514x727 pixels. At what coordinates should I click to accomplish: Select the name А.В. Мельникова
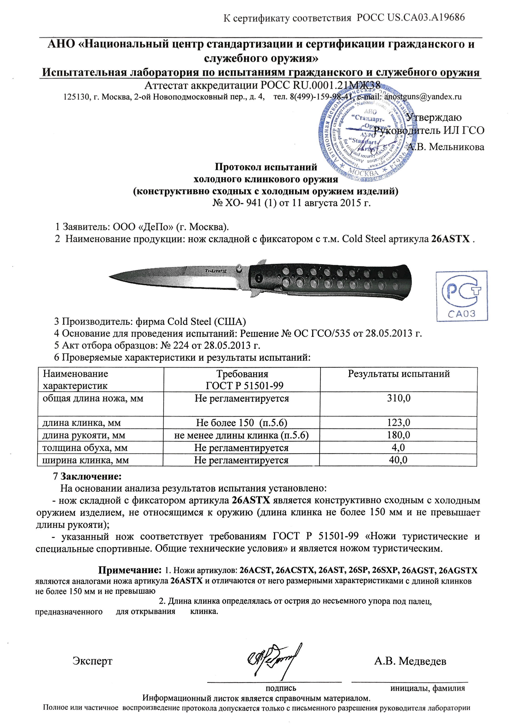point(445,147)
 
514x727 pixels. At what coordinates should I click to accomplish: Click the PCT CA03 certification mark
point(462,296)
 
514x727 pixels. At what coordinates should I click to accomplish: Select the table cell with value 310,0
point(398,398)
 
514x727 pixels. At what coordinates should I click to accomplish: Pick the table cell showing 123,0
point(398,423)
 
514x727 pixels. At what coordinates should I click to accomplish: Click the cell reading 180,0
point(398,435)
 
